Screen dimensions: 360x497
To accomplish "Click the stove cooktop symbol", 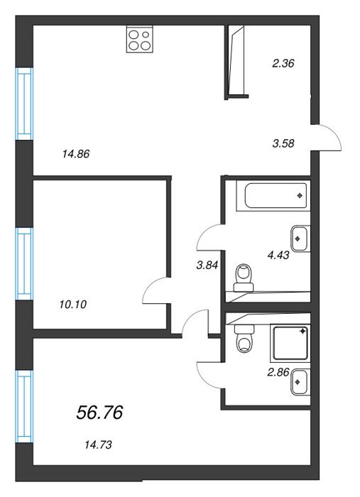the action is click(140, 39).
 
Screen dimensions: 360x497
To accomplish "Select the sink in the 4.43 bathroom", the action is click(300, 239).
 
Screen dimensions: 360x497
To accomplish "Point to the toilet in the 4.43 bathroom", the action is click(244, 278).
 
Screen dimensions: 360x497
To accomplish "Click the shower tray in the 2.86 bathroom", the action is click(290, 343).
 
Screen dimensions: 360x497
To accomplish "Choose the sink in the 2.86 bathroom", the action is click(300, 382).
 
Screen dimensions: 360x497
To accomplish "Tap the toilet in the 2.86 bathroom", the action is click(244, 338).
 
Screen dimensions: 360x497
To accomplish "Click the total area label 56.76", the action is click(99, 413).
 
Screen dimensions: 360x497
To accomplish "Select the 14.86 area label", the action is click(76, 154).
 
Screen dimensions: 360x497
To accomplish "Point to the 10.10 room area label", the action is click(73, 305).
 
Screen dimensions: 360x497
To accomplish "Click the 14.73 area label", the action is click(98, 445).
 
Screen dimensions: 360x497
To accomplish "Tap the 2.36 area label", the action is click(283, 63).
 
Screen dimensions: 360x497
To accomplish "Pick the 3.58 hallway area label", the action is click(283, 143).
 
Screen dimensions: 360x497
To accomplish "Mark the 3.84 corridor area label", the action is click(207, 265).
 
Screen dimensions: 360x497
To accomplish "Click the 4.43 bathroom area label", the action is click(278, 255).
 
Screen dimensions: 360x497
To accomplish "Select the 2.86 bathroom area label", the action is click(278, 372).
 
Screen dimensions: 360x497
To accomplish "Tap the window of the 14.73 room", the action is click(24, 406).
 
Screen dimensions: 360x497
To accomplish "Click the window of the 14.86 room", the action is click(24, 104).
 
